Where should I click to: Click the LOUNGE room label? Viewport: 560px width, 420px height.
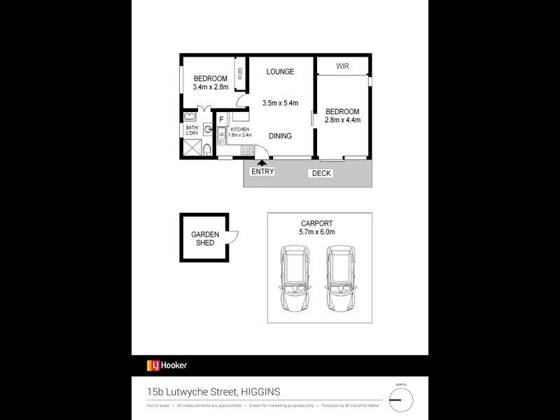[x=280, y=71]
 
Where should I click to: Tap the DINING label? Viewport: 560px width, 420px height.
[x=279, y=136]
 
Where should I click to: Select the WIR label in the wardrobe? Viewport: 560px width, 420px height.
[x=342, y=66]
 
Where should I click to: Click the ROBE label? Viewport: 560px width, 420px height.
[x=239, y=73]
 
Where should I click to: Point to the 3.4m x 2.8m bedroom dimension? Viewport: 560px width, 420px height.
[x=211, y=87]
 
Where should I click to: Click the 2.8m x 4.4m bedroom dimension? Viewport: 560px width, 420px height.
[x=342, y=120]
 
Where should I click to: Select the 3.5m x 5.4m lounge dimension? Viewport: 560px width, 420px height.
[x=280, y=104]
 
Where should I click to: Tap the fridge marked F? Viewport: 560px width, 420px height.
[x=221, y=120]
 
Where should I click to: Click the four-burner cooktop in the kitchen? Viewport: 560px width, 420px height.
[x=246, y=150]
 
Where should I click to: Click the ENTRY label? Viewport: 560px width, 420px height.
[x=262, y=171]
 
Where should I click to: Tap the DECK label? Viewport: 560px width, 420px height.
[x=322, y=173]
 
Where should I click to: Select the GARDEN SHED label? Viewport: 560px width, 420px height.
[x=206, y=239]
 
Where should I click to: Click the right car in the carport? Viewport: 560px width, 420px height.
[x=339, y=281]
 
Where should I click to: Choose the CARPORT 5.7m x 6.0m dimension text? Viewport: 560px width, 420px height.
[x=316, y=227]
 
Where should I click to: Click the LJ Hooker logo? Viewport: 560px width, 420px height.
[x=167, y=365]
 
